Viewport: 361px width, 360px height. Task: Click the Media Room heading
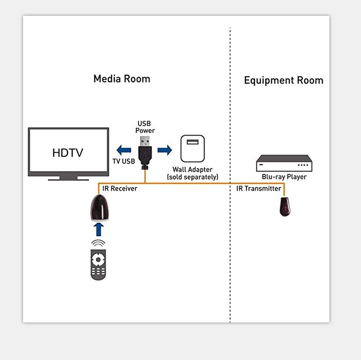pos(121,79)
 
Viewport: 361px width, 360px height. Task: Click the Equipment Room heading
pos(283,81)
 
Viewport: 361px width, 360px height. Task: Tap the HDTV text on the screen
pos(68,153)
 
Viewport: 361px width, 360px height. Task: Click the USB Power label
pos(145,127)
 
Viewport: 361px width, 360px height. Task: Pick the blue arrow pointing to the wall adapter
pos(165,150)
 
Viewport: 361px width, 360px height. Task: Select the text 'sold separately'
pos(192,177)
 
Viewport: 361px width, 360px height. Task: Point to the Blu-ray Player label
pos(284,177)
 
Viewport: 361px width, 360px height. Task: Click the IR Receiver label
pos(119,188)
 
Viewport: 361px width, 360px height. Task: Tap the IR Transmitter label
pos(259,188)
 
